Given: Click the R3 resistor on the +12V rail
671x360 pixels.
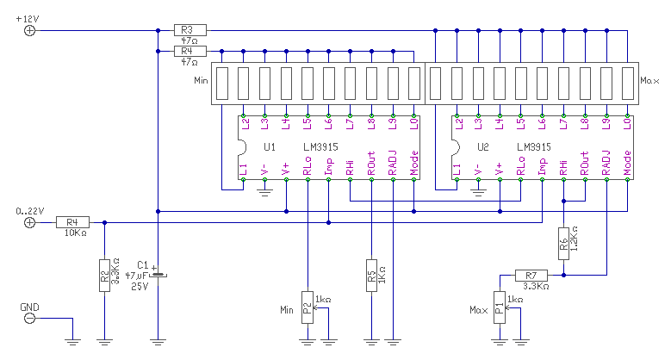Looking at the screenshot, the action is [x=190, y=30].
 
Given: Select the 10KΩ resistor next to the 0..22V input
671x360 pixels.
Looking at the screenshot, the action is [x=72, y=222].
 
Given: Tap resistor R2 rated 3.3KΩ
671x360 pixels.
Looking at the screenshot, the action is [x=104, y=276].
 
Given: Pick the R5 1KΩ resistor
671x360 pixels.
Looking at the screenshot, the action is [x=371, y=276].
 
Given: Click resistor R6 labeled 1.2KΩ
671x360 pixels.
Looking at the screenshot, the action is [x=563, y=244].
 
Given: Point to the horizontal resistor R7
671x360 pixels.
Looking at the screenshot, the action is [x=531, y=276].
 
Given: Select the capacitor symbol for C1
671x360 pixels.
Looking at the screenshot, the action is [x=158, y=275].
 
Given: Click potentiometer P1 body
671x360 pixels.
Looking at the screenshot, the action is [x=500, y=307].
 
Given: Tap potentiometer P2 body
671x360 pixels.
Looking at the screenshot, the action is [x=308, y=307].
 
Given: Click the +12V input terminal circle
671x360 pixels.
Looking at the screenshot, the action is [x=29, y=31].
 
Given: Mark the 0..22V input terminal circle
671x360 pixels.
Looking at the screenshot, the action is [x=29, y=222].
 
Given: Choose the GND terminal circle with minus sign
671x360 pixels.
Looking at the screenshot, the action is [x=29, y=319].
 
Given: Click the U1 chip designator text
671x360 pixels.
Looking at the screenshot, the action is [x=270, y=147].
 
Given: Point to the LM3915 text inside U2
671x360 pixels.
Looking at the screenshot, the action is [x=534, y=147].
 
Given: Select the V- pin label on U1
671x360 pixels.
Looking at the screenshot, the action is [x=264, y=170].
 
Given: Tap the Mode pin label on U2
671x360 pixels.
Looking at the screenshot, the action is [x=627, y=163].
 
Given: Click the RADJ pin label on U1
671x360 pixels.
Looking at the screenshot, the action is [x=393, y=163].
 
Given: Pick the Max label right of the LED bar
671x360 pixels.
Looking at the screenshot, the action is [x=649, y=80].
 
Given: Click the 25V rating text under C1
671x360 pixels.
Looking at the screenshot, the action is [x=140, y=287].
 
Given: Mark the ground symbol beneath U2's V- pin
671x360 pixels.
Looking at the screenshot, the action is [x=478, y=193].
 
